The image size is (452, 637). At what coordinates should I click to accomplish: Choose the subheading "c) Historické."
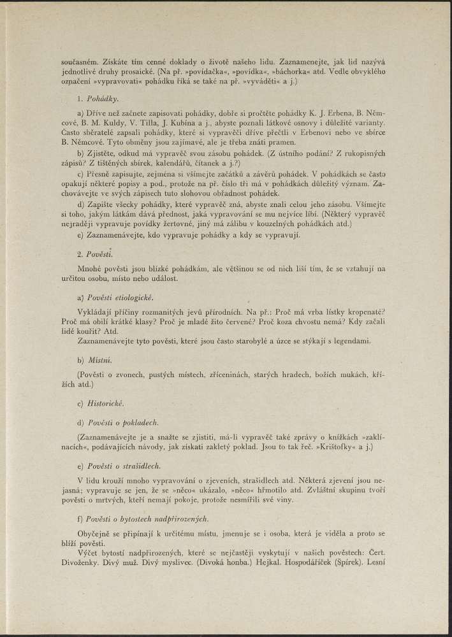99,404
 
